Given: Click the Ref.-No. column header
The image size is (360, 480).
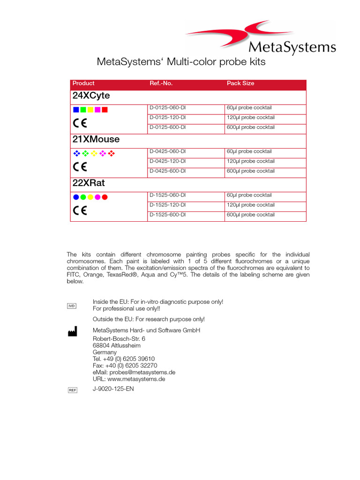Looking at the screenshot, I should pyautogui.click(x=161, y=83).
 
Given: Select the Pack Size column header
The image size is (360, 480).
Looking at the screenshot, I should pyautogui.click(x=240, y=83).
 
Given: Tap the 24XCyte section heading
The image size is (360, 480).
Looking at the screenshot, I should pyautogui.click(x=91, y=96).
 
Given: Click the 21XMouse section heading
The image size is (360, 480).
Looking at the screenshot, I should pyautogui.click(x=96, y=139).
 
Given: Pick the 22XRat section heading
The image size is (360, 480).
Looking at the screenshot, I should pyautogui.click(x=89, y=183).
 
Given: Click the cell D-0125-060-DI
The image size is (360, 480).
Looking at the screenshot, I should pyautogui.click(x=167, y=108).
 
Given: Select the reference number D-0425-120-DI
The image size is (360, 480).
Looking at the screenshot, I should pyautogui.click(x=167, y=161).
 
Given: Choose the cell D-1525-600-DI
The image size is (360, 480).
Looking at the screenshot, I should pyautogui.click(x=167, y=215).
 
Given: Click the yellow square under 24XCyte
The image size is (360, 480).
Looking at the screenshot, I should pyautogui.click(x=90, y=110).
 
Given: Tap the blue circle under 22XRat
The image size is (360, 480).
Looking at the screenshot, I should pyautogui.click(x=76, y=197).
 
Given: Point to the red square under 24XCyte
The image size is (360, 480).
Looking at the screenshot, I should pyautogui.click(x=105, y=110).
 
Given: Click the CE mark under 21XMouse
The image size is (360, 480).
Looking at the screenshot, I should pyautogui.click(x=80, y=167).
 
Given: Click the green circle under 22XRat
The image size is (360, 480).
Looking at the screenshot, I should pyautogui.click(x=83, y=197).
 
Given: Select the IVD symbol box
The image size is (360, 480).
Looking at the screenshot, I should pyautogui.click(x=72, y=306).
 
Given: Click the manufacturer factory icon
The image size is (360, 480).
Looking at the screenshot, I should pyautogui.click(x=72, y=332).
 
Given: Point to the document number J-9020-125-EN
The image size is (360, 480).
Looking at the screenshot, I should pyautogui.click(x=113, y=389).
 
